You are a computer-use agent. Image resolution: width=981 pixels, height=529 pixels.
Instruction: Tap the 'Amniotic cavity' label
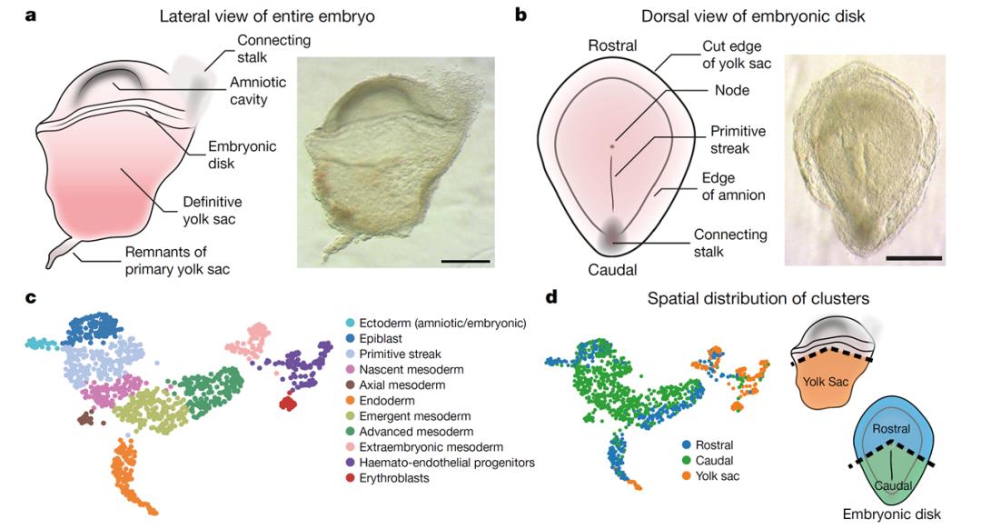point(257,91)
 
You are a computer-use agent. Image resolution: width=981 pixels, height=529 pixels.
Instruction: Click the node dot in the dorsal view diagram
point(612,145)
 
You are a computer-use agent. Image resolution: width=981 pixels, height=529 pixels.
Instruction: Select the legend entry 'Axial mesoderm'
point(407,385)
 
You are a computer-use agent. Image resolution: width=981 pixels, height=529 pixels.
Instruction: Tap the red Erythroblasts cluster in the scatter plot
point(289,403)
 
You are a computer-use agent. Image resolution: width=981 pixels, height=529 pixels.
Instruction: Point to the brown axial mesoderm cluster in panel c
point(86,418)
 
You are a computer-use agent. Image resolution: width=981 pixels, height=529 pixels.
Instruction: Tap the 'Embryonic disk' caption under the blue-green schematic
point(889,514)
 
